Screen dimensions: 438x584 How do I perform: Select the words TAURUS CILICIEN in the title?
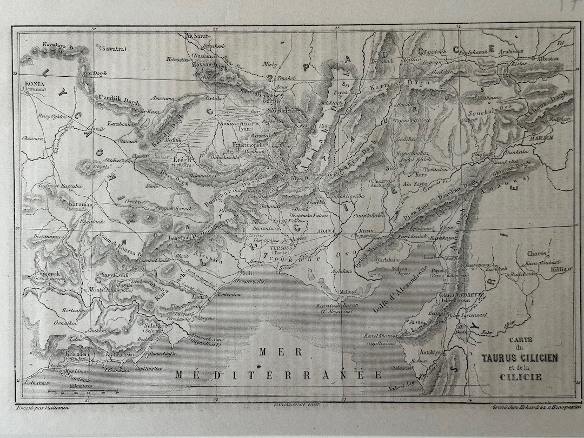click(520, 357)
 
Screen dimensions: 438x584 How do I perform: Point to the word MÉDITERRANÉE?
click(278, 375)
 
